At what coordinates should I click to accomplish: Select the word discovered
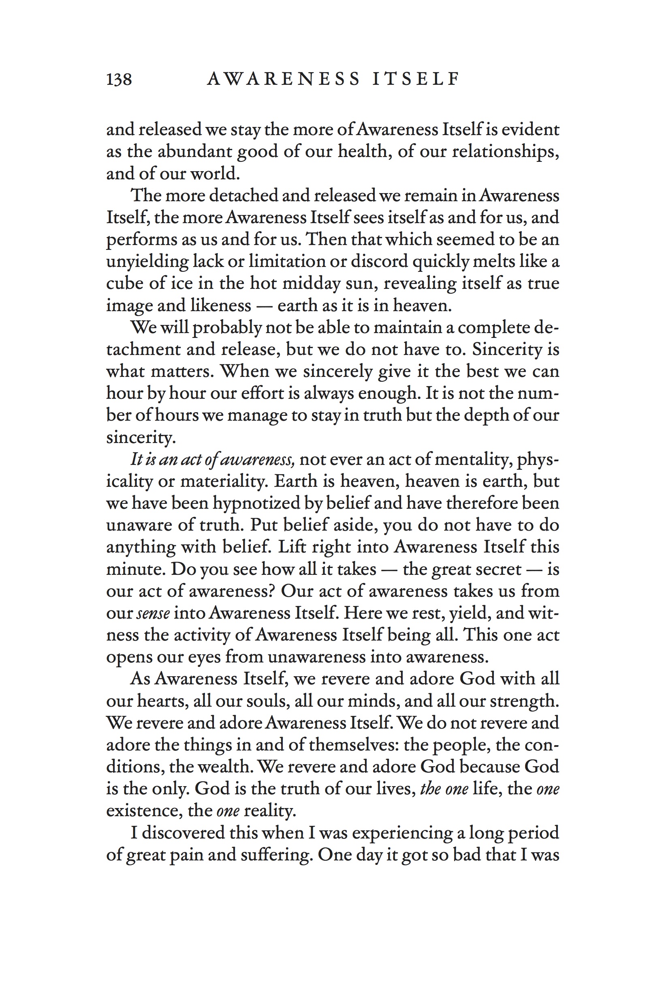click(x=183, y=833)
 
